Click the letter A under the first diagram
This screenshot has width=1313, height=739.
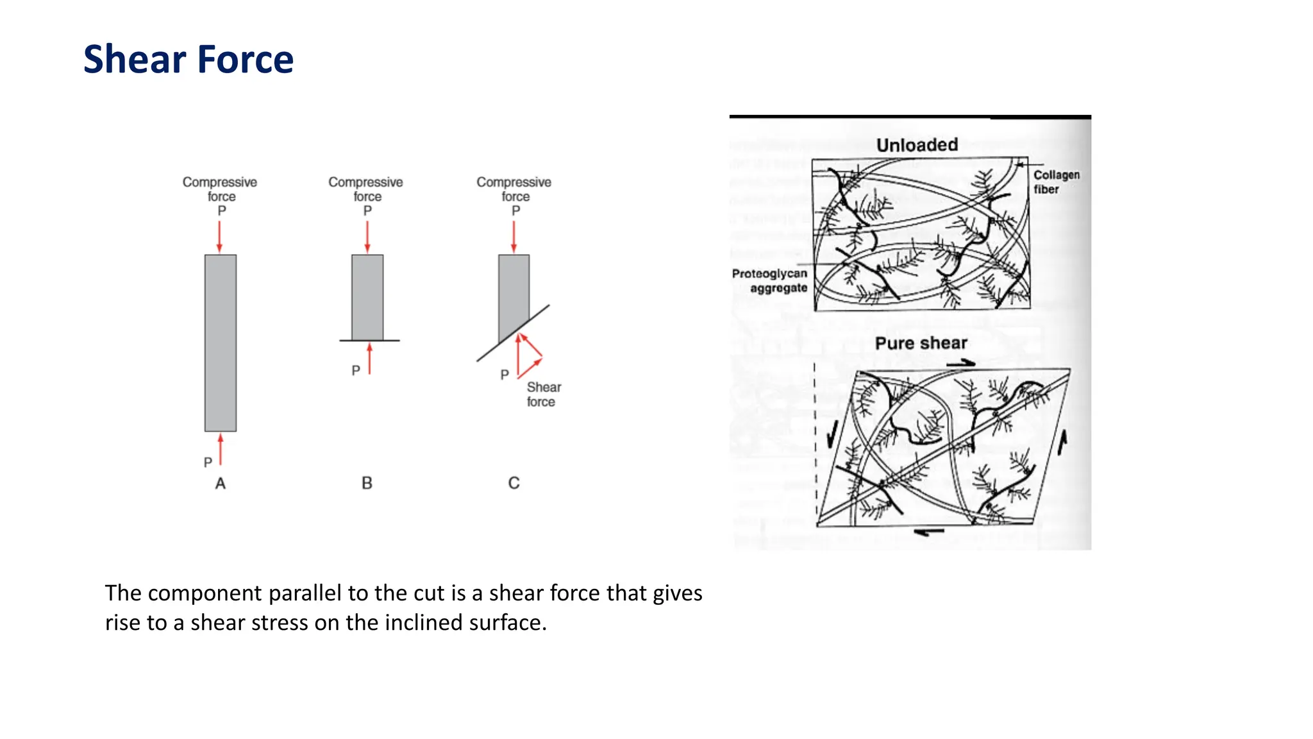[220, 484]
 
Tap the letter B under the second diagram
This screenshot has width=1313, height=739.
[367, 483]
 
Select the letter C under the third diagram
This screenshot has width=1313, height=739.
[514, 483]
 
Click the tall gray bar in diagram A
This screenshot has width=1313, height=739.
[221, 343]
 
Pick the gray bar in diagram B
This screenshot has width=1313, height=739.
[367, 297]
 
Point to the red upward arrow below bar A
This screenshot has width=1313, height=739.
[221, 449]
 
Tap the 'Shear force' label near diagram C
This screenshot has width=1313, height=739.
[543, 395]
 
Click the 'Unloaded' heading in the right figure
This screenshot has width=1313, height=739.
[917, 145]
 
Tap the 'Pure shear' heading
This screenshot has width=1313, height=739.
[921, 343]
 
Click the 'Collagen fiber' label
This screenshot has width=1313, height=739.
[1055, 182]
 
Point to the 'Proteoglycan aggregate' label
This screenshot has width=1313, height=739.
[770, 280]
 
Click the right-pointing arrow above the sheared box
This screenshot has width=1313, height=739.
[960, 364]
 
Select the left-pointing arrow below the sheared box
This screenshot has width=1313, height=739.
[929, 532]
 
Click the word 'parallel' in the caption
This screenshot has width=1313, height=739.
[305, 593]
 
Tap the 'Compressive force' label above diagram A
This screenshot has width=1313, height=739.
[220, 189]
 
